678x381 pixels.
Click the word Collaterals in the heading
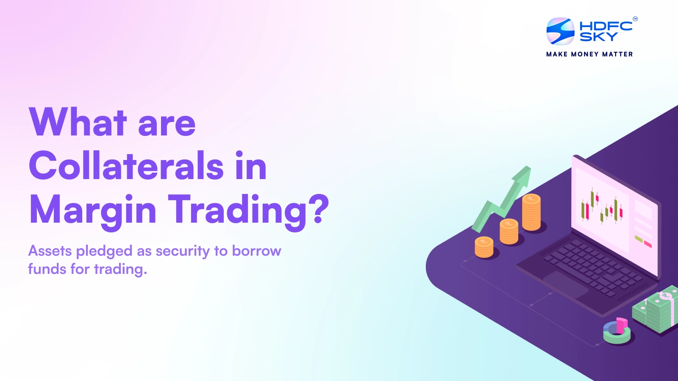[x=126, y=166]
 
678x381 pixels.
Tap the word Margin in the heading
[x=93, y=210]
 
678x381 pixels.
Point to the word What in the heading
[x=78, y=122]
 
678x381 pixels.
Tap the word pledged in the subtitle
[x=104, y=251]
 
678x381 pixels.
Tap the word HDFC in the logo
[x=606, y=26]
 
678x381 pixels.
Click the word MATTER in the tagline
[x=617, y=54]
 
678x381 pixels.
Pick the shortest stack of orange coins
[x=484, y=247]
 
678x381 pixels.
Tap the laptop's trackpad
[x=566, y=283]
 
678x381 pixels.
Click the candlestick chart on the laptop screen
[x=602, y=207]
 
